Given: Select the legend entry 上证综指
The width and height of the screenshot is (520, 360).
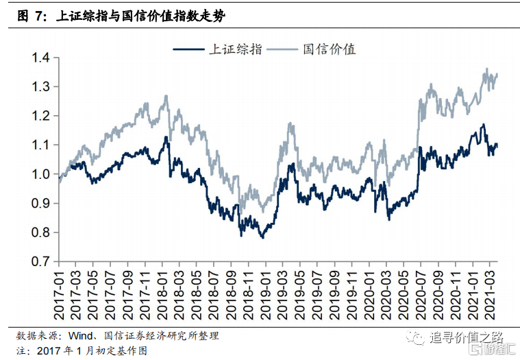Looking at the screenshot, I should point(234,49).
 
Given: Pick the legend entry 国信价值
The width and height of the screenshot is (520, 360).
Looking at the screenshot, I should point(329,49).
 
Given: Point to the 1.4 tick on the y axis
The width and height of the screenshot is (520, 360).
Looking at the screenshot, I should point(40,58).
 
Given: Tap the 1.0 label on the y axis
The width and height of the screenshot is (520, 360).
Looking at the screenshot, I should point(40,174).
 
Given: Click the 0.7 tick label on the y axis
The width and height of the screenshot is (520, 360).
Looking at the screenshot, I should point(40,262).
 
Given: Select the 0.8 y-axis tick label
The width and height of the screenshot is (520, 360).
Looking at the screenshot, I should point(40,232).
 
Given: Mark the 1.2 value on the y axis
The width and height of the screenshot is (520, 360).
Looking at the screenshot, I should point(40,116).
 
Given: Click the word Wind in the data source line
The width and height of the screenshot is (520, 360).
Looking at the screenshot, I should point(83,337).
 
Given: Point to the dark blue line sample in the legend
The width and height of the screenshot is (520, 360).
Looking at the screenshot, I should point(188,49).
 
